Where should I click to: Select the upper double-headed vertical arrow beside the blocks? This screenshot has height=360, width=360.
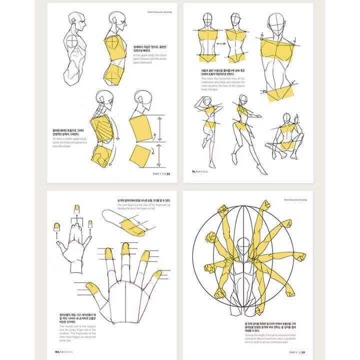click(x=159, y=127)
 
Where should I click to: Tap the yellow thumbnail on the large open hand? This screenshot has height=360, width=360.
click(x=91, y=289)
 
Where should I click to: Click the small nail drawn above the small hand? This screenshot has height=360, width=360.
click(x=77, y=207)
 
